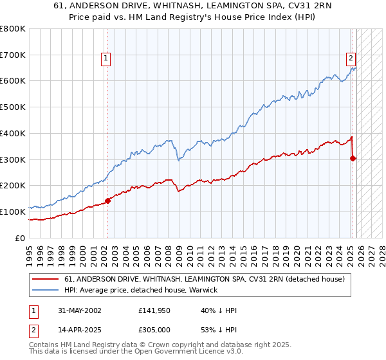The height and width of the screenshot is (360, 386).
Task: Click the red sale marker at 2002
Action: tap(107, 201)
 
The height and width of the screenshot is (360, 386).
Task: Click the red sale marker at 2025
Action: tap(353, 158)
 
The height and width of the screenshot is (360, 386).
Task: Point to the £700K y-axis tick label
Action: tap(13, 55)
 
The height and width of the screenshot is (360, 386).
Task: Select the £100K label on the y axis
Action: tap(13, 212)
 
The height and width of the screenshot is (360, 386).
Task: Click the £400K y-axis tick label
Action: tap(13, 134)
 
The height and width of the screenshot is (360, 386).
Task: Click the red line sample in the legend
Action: tap(46, 279)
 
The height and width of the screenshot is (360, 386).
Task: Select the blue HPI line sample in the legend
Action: tap(46, 290)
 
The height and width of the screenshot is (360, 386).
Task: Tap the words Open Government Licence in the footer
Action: tap(197, 353)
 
